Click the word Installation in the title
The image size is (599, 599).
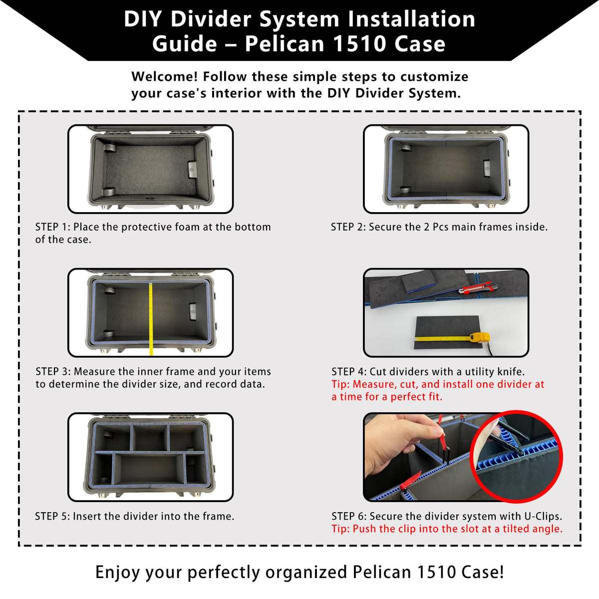(411, 19)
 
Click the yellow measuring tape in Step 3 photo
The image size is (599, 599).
(151, 319)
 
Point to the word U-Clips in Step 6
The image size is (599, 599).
(543, 516)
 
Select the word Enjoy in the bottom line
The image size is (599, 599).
(117, 572)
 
